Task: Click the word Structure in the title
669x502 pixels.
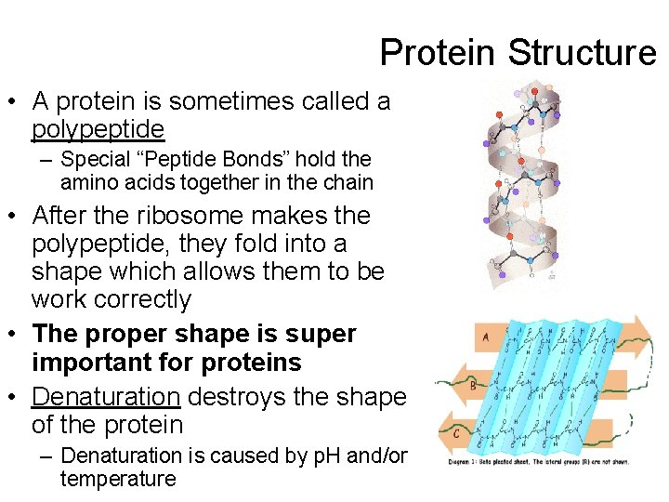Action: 582,52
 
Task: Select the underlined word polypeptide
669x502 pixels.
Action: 98,128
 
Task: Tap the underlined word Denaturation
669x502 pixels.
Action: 105,397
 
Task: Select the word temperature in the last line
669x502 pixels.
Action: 117,479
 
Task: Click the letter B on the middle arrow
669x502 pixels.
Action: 473,384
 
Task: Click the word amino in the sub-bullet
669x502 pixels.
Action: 88,182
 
